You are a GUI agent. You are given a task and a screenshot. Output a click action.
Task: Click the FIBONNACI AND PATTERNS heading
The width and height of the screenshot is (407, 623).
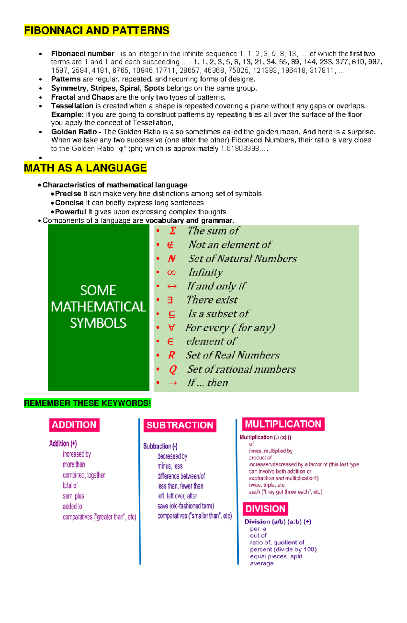point(97,31)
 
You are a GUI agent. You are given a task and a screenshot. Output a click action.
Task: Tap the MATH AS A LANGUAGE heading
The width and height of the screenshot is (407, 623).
point(85,168)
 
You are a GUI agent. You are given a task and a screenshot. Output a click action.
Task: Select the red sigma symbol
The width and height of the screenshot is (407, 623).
point(173,231)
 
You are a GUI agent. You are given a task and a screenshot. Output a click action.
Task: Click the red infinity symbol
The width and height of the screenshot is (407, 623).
point(171,273)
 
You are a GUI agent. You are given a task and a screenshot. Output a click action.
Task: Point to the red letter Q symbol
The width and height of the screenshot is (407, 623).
point(173,369)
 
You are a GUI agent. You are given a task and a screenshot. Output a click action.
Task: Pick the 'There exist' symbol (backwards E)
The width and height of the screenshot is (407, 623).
point(170,300)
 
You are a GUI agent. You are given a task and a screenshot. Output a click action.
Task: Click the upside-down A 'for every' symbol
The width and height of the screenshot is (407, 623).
point(171,328)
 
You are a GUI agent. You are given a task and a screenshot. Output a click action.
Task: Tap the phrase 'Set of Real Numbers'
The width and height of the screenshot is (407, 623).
point(233,355)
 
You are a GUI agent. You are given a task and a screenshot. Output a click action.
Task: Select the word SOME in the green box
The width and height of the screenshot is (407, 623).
point(98,290)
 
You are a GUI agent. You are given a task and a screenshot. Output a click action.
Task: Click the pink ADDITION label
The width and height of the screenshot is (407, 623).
point(74,425)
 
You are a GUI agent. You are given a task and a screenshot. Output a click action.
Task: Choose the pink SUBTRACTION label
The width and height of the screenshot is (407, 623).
point(180,425)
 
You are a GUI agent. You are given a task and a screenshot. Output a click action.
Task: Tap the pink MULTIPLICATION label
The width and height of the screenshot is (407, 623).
point(283,424)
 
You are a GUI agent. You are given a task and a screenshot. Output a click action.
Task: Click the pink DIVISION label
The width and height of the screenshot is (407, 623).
point(265,509)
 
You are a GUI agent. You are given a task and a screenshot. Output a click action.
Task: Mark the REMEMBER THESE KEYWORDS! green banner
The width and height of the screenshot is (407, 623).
point(88,403)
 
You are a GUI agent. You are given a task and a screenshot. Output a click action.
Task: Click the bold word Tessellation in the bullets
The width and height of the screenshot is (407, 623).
point(72,106)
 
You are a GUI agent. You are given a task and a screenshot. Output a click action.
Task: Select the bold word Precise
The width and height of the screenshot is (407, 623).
point(68,194)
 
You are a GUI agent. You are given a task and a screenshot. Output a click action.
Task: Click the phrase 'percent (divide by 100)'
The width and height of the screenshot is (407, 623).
point(283,549)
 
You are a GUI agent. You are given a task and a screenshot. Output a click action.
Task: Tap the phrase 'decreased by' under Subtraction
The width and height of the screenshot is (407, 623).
point(172,456)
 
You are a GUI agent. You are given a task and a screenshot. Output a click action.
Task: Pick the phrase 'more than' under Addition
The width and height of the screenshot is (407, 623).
point(74,464)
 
